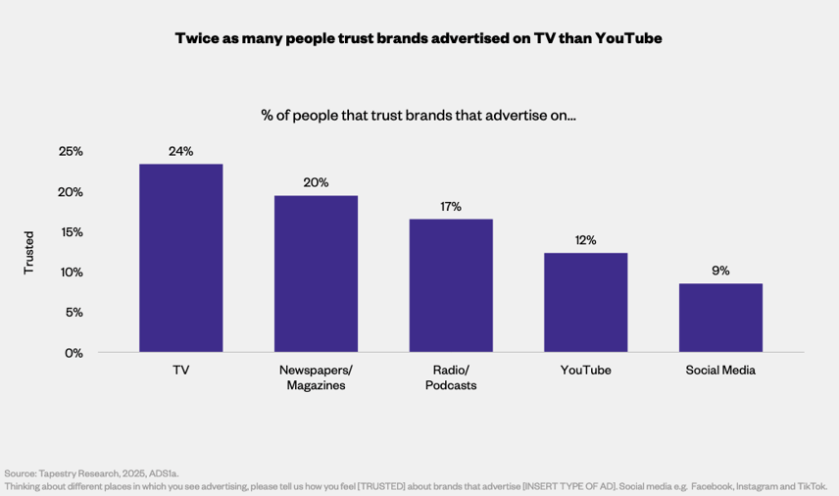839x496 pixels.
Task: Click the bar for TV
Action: click(181, 258)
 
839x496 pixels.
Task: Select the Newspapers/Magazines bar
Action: click(316, 273)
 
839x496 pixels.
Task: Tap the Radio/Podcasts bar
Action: click(451, 285)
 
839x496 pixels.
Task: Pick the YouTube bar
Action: click(585, 302)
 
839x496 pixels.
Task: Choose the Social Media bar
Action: click(720, 318)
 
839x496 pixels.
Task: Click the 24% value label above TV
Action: click(181, 151)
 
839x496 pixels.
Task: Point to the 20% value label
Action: click(316, 182)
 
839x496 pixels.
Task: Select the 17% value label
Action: click(451, 206)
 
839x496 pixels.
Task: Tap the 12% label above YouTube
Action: click(585, 240)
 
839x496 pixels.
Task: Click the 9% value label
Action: click(720, 271)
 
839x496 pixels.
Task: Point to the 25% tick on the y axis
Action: click(71, 152)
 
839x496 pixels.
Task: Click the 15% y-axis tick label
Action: click(71, 232)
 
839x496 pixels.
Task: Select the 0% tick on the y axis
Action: click(74, 352)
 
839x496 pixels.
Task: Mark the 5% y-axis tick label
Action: click(74, 313)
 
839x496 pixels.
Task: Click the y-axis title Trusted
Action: click(28, 252)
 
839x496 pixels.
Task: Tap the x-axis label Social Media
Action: click(720, 370)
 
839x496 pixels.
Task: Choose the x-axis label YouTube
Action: click(585, 370)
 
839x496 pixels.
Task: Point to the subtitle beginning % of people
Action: click(419, 115)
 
